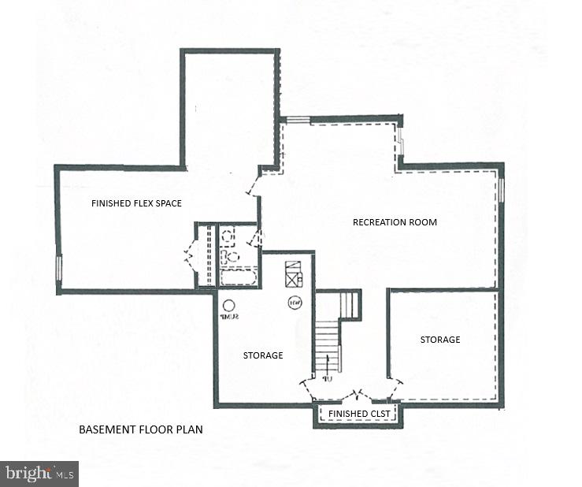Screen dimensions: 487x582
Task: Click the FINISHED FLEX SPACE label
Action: point(136,203)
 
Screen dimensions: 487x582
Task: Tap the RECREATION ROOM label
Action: point(395,222)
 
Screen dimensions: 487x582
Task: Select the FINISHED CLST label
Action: point(359,414)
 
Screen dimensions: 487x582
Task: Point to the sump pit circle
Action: point(229,306)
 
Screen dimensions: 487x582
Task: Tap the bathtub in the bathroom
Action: point(237,277)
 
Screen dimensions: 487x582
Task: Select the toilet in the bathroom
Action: point(230,256)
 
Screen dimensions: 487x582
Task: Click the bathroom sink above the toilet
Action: point(228,234)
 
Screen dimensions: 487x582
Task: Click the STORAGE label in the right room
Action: point(439,340)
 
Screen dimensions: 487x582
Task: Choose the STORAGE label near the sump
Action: point(263,355)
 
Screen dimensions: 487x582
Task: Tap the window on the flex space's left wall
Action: point(58,267)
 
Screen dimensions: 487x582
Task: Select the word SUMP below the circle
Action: point(229,317)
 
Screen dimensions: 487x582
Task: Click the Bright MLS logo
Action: point(39,474)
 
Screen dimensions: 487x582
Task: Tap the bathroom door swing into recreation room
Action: point(261,237)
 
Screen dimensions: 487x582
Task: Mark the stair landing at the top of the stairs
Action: point(347,304)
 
